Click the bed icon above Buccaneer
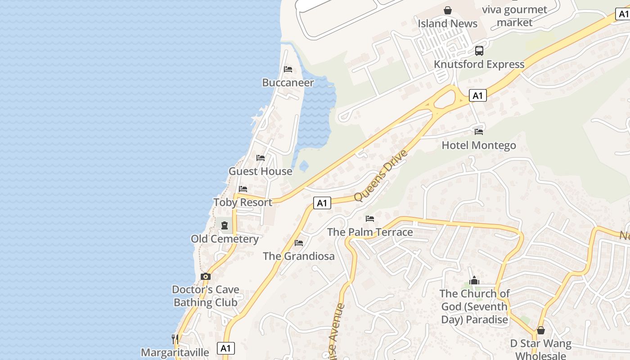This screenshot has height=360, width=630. [x=288, y=69]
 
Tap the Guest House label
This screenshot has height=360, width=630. [x=261, y=171]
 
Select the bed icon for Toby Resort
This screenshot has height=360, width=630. [x=243, y=189]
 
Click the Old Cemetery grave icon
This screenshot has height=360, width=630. [x=224, y=225]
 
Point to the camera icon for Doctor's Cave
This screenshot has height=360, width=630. [x=206, y=276]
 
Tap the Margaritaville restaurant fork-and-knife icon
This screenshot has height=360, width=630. [x=175, y=339]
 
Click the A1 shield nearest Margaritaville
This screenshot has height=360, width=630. [x=226, y=348]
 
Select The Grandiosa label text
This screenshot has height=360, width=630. [x=299, y=256]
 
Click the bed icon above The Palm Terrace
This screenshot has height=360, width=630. [x=370, y=219]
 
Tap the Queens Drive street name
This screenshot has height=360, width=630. [x=380, y=175]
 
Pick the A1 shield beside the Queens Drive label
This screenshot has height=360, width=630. [x=322, y=203]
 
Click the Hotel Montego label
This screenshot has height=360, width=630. [x=479, y=145]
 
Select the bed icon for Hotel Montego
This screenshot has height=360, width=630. [x=479, y=132]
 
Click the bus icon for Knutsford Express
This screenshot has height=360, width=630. [x=479, y=51]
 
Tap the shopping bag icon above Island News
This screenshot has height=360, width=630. [x=448, y=10]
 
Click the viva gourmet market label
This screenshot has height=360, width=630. [x=514, y=16]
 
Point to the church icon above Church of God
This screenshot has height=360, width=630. [x=474, y=281]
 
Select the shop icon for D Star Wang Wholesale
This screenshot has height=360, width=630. [x=541, y=331]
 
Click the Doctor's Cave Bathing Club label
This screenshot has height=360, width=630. [x=206, y=296]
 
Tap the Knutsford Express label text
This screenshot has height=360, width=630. [x=479, y=64]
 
